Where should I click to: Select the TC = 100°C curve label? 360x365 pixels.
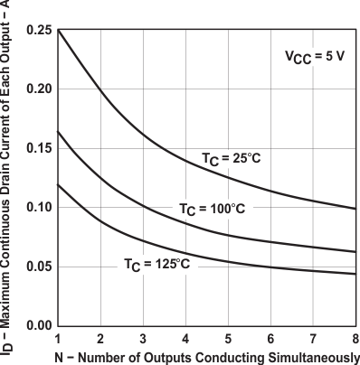[211, 209]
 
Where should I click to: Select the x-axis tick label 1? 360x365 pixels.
[59, 338]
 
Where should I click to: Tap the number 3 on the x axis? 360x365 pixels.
[143, 338]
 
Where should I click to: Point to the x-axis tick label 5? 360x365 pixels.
[228, 338]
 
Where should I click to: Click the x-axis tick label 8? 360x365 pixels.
[355, 338]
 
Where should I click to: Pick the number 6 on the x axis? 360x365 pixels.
[270, 338]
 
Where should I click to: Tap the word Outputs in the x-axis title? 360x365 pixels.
[145, 355]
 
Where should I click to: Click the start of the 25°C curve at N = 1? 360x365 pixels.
[59, 31]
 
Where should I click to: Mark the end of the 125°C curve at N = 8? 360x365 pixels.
[355, 274]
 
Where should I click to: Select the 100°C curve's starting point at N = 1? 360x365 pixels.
[59, 132]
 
